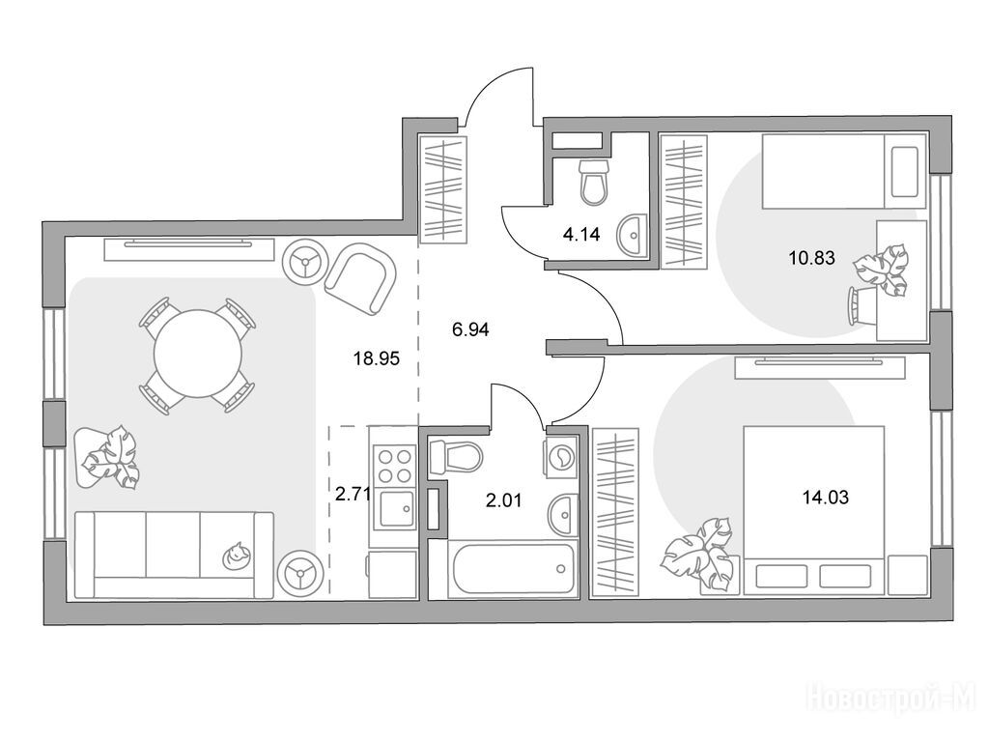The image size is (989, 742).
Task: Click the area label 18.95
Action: point(377,359)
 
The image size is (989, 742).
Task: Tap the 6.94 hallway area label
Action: point(470,329)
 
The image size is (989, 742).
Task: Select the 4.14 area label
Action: point(580,236)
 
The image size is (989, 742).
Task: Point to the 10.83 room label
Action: point(811,257)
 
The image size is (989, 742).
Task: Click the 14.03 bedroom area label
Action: point(825,498)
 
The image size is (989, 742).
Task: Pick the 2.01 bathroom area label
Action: point(503,501)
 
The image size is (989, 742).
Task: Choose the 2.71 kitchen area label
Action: point(352,494)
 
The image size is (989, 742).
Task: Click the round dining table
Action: point(198,354)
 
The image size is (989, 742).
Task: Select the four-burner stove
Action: point(395,465)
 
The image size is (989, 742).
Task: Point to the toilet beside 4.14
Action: point(594,182)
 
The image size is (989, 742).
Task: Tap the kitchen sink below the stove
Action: point(395,507)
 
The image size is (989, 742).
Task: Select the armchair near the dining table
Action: point(360,279)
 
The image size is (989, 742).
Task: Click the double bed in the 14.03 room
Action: point(813,510)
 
